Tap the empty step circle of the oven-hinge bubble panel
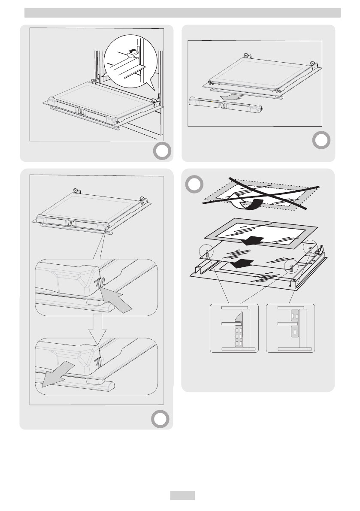pyautogui.click(x=162, y=151)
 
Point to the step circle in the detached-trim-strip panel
pyautogui.click(x=321, y=140)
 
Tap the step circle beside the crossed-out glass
pyautogui.click(x=195, y=185)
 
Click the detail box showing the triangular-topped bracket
pyautogui.click(x=234, y=328)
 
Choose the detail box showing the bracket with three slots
pyautogui.click(x=290, y=328)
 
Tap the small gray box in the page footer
pyautogui.click(x=182, y=496)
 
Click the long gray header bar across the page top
pyautogui.click(x=182, y=13)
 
